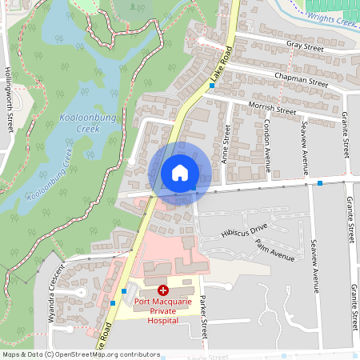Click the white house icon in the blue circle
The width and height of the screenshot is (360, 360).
tap(179, 173)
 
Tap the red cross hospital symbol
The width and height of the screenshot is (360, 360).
tap(163, 290)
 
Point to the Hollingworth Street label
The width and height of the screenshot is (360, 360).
tap(10, 99)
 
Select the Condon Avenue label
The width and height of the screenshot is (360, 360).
tap(267, 139)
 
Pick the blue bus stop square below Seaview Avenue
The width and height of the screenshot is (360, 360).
tap(320, 183)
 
